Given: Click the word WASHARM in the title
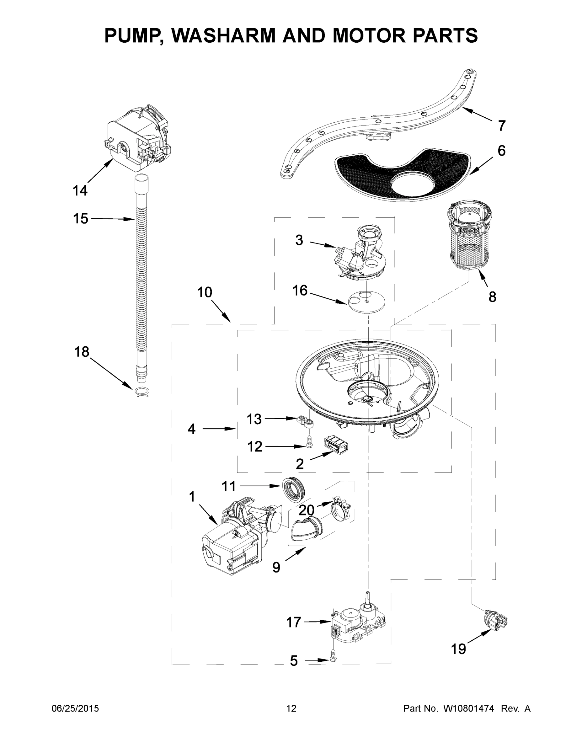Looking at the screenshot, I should [224, 35].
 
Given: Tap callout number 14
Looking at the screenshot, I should [80, 190].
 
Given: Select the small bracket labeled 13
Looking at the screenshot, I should [305, 421].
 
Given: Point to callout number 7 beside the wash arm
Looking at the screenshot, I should [501, 125].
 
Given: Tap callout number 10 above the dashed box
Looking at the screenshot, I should [205, 292].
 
